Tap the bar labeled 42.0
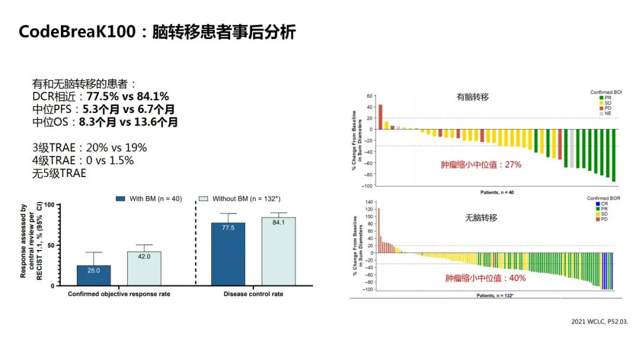coord(144,268)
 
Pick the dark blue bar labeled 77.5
coord(228,253)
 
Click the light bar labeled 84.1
coord(279,251)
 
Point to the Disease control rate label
coord(253,294)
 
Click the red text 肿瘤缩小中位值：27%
coord(481,165)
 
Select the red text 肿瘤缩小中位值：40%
coord(485,277)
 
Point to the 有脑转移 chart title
coord(472,97)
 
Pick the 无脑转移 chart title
coord(480,218)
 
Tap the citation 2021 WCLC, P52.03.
coord(599,321)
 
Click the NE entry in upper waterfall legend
coord(607,113)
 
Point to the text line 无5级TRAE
coord(59,173)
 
